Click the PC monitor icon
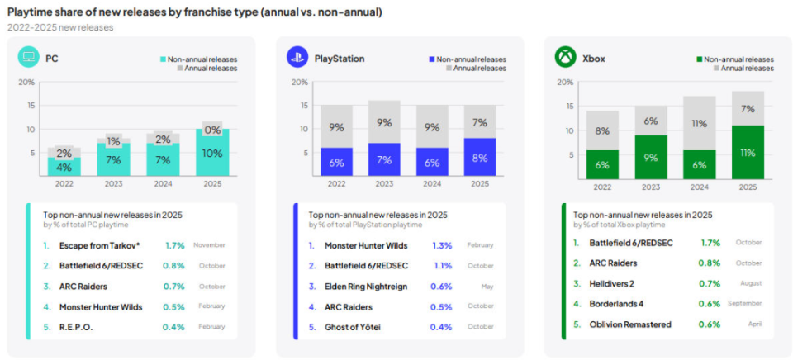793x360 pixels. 28,57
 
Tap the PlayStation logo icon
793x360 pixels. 296,57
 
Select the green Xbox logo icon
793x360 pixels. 565,57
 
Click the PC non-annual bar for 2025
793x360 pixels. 213,152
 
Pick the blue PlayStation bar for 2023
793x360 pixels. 384,159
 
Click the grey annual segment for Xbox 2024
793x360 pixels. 699,123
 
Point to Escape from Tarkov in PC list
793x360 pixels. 100,245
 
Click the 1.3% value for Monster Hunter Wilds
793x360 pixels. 442,245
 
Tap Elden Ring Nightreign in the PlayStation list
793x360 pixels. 366,287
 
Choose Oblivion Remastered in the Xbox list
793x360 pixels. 629,324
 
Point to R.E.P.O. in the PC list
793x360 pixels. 77,327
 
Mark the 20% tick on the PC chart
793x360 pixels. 26,82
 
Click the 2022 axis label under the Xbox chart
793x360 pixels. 602,187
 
